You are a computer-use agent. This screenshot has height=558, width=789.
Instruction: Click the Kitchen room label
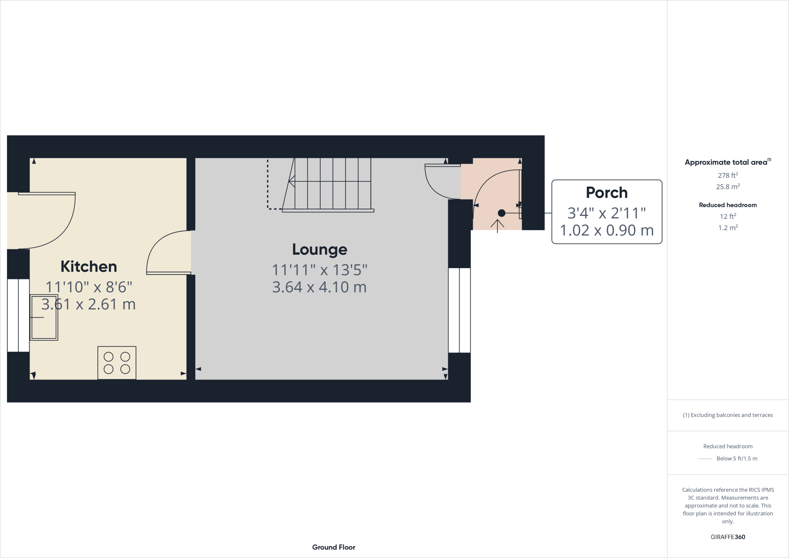coord(89,267)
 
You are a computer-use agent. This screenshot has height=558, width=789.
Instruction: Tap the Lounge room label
coord(319,249)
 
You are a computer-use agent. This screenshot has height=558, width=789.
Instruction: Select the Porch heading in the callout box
coord(606,193)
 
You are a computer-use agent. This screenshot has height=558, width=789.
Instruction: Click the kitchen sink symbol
coord(44,317)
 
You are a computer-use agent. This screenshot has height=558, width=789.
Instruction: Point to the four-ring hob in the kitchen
coord(117,363)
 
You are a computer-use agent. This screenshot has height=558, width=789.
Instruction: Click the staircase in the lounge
coord(329,183)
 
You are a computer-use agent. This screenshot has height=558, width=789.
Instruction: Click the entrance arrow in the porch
coord(497,226)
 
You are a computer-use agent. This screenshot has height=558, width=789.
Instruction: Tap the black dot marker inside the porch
coord(501,213)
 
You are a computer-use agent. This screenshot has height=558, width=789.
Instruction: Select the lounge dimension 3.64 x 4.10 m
coord(319,287)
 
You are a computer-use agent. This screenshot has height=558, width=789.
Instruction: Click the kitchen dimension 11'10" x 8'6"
coord(89,287)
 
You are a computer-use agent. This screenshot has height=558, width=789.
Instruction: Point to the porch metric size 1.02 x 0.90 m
coord(606,230)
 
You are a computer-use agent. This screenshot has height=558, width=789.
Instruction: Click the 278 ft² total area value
coord(727,175)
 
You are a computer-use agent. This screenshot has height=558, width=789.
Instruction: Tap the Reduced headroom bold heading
coord(727,205)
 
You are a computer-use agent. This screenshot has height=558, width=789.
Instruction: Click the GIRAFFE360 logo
coord(727,537)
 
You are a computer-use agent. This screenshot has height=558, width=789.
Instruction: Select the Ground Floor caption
coord(334,547)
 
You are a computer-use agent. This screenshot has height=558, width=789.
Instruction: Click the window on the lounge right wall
coord(459,310)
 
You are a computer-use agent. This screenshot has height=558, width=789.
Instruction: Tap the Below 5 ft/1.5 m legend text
coord(737,459)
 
